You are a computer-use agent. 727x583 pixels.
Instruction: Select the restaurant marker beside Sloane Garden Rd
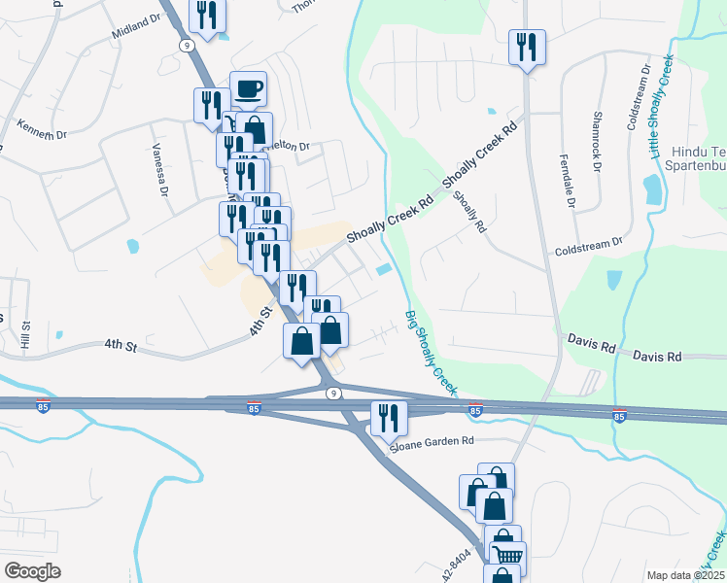tap(387, 419)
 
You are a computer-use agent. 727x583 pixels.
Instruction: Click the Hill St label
tap(27, 335)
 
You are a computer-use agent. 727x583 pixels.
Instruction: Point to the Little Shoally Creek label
tap(661, 107)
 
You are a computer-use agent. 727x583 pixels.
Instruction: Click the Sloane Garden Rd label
tap(432, 441)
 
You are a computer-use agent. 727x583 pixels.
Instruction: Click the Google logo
tap(32, 571)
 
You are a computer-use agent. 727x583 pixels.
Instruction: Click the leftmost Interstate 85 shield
tap(254, 407)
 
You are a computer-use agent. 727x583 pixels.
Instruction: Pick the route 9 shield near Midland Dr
tap(184, 45)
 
